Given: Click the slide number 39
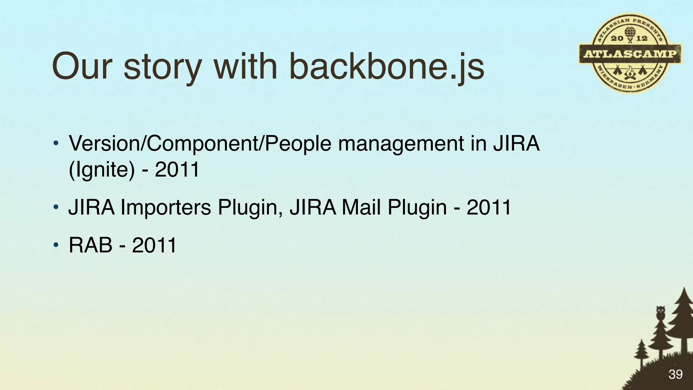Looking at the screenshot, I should [x=675, y=374].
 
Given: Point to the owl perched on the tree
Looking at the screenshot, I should [x=660, y=312].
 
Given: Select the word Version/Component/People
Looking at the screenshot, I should [x=200, y=144].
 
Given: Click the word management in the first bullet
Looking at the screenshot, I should [x=401, y=144].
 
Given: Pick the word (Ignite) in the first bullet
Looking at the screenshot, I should [x=102, y=170].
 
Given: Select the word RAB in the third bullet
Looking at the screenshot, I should [x=90, y=245].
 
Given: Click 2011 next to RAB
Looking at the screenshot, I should [x=154, y=245].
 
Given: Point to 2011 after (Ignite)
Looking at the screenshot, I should [x=177, y=170].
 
